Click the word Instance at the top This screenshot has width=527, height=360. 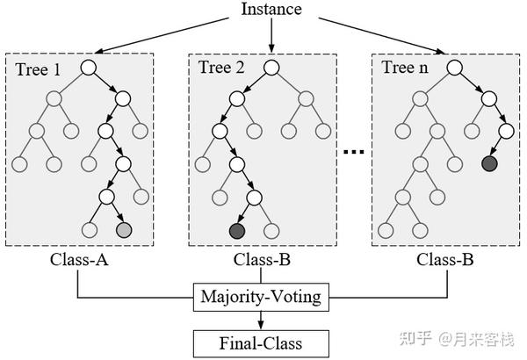click(271, 9)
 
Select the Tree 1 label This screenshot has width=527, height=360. click(38, 69)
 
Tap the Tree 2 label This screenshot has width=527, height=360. click(221, 68)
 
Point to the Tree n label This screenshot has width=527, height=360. click(405, 68)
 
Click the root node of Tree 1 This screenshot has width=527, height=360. click(89, 68)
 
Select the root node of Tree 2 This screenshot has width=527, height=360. click(271, 68)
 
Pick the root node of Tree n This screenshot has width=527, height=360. click(454, 68)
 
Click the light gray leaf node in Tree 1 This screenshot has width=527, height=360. click(123, 230)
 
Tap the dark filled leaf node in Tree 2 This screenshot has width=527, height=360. click(237, 231)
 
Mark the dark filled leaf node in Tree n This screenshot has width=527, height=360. click(489, 163)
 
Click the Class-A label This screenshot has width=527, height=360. click(79, 260)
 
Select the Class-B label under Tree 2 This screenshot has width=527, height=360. click(262, 260)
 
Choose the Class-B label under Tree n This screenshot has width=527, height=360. click(445, 260)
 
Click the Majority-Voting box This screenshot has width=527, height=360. click(261, 297)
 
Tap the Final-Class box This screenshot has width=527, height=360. click(261, 343)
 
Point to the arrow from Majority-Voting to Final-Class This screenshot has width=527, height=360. click(261, 320)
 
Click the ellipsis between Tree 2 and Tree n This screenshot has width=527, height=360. click(354, 152)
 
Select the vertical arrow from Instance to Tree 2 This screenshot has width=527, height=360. click(271, 35)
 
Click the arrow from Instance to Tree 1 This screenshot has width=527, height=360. click(162, 35)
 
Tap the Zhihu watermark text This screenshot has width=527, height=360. click(457, 338)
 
